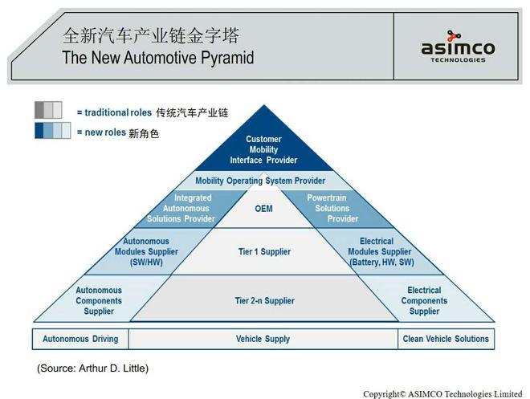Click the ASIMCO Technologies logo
458,47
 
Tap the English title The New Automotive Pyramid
158,58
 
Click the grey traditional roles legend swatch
48,110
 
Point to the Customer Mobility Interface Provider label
263,149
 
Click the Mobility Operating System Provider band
260,181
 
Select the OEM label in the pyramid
263,209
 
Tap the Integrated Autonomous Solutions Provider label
193,208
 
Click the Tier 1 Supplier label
264,252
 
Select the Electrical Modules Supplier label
381,251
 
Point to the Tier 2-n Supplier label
264,301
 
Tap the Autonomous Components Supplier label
99,301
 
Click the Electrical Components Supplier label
424,301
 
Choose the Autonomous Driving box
79,339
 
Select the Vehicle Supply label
263,339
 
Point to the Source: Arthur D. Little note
92,368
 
